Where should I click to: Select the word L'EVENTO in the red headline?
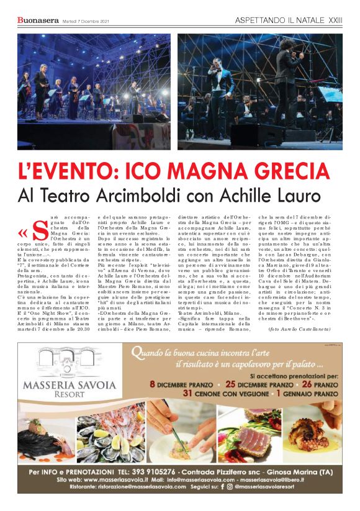(65, 168)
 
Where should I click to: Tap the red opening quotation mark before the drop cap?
(23, 233)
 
